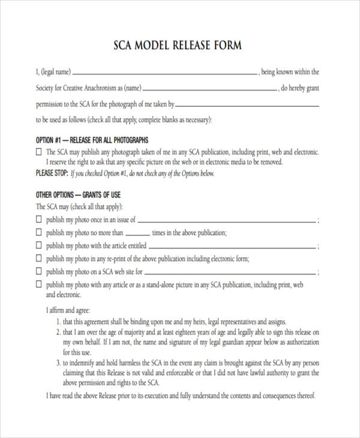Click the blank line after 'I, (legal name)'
pos(165,74)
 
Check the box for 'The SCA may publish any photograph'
pos(40,152)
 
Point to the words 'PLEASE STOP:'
pos(52,173)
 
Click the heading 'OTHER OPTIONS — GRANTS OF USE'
pos(79,195)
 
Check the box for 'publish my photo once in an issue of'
pos(40,220)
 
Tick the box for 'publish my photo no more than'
pos(40,233)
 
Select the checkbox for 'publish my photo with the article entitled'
pos(40,246)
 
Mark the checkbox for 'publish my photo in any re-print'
pos(40,259)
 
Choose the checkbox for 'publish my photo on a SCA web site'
pos(40,272)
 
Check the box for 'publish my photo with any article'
pos(40,284)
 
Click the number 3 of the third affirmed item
pos(58,362)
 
